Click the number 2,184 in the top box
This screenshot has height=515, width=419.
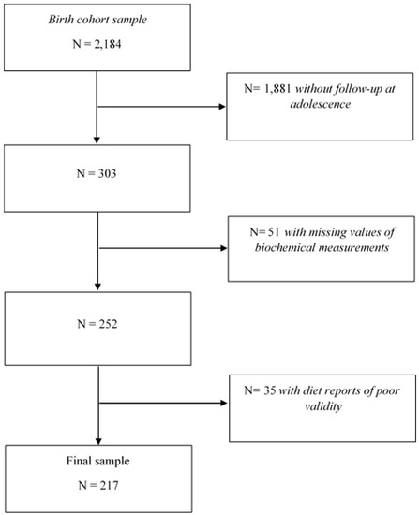(x=108, y=44)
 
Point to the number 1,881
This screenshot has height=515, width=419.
(x=277, y=89)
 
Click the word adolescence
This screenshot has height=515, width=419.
(x=320, y=104)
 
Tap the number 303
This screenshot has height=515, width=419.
(x=107, y=173)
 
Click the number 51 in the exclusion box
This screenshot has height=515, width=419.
(x=274, y=232)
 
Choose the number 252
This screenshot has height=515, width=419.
(x=108, y=324)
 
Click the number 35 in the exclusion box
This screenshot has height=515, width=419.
(x=270, y=390)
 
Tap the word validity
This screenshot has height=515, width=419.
(x=323, y=406)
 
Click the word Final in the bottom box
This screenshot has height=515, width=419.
(x=78, y=461)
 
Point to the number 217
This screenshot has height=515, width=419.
(x=109, y=485)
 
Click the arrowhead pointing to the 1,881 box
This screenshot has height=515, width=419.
(x=222, y=107)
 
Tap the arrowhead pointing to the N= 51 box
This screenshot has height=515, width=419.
(x=224, y=248)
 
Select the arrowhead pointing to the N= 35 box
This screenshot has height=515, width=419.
(x=224, y=403)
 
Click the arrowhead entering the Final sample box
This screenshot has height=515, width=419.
(x=98, y=441)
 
